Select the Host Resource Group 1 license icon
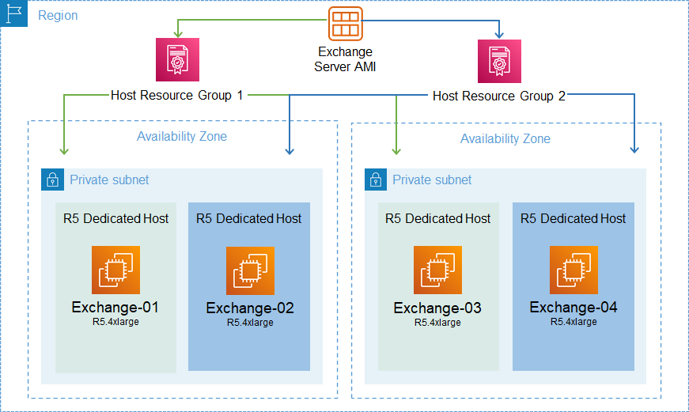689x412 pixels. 177,59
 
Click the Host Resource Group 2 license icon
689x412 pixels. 499,61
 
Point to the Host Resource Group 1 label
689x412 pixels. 176,96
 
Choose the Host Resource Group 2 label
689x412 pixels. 499,96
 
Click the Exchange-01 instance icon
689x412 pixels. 115,270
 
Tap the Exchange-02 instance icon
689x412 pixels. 250,271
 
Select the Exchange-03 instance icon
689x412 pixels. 437,270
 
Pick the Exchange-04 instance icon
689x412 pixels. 574,270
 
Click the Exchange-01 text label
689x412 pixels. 115,308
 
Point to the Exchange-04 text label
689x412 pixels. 574,308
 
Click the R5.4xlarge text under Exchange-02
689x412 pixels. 250,323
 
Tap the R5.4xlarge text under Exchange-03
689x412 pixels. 437,323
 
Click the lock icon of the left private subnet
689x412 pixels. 52,180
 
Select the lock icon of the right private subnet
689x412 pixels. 376,180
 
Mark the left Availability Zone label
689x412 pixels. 182,137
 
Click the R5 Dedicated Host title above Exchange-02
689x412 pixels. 249,218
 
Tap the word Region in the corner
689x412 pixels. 58,15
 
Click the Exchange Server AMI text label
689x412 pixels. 345,59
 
